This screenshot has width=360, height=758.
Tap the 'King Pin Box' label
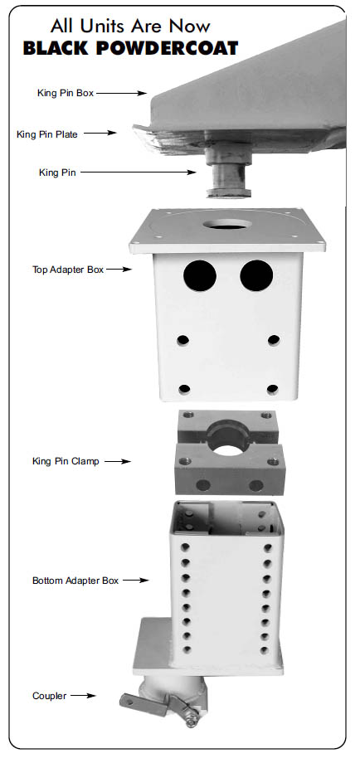66,94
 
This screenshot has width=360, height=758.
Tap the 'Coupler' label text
49,697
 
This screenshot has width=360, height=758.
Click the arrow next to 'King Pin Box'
121,94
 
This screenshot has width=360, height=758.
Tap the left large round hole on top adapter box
199,275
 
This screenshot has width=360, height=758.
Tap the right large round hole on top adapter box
256,275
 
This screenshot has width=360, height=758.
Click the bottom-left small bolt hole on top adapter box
184,389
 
